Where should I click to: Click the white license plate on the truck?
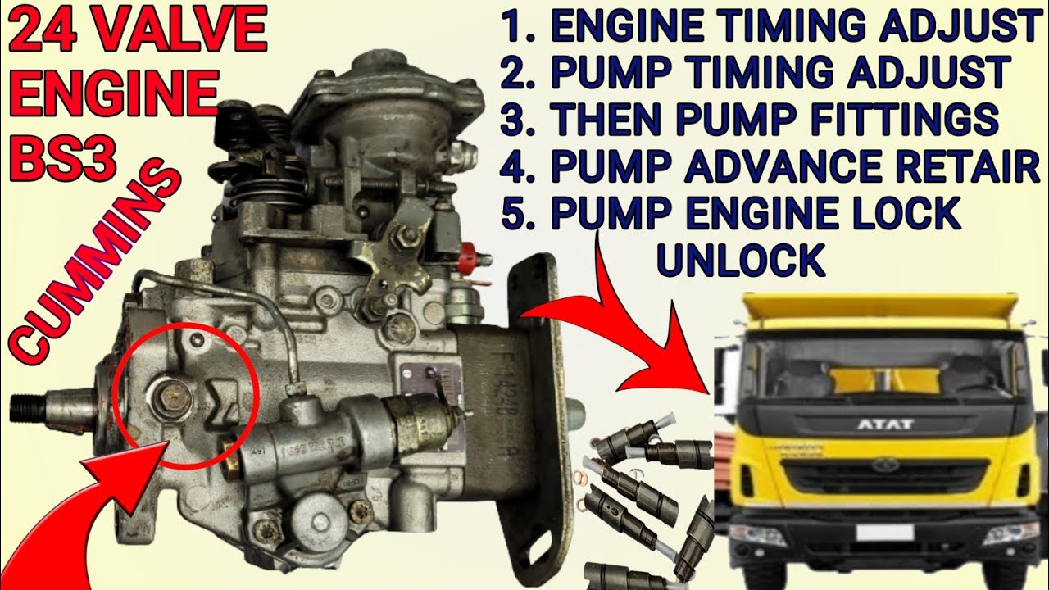(885, 533)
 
